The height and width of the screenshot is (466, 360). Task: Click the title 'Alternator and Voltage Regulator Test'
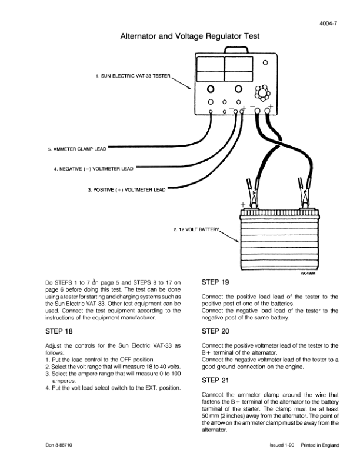pos(189,36)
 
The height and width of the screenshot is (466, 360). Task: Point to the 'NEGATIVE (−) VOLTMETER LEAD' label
pos(94,169)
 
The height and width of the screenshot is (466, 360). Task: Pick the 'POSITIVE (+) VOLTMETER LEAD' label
pos(126,189)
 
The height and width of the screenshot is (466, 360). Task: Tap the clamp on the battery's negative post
pos(305,192)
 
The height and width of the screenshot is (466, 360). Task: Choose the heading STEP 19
pos(215,282)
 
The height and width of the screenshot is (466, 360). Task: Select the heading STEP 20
pos(215,331)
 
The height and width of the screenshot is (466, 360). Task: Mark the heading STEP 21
pos(215,380)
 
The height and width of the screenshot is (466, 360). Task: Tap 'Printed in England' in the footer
pos(320,445)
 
